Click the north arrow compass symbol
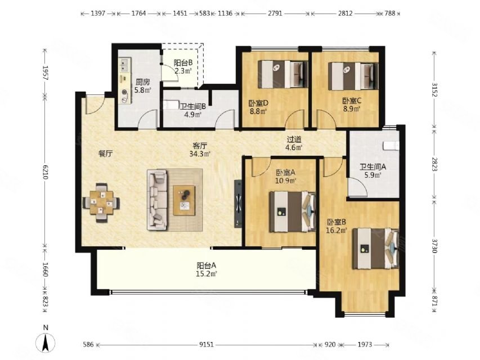46,342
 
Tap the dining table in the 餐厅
101,202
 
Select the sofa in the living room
157,200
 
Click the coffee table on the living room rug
184,200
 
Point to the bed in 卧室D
282,74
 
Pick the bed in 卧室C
353,76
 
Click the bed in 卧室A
293,212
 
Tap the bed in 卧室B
376,249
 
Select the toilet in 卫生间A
391,146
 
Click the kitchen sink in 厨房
125,65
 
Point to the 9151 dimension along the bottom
207,345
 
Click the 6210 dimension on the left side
46,172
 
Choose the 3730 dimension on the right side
434,246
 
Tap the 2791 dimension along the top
275,13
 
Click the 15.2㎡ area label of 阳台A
207,274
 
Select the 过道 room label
294,139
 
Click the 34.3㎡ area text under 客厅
200,154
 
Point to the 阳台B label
183,63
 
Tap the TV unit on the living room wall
238,204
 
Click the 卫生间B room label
192,107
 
